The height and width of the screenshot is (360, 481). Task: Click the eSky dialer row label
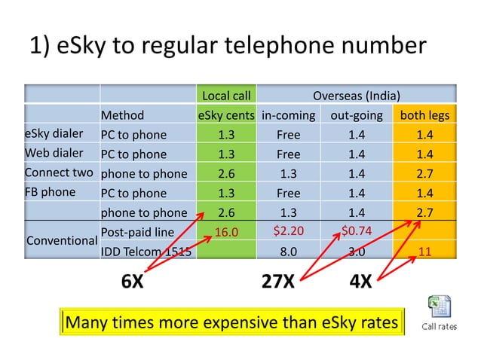(54, 135)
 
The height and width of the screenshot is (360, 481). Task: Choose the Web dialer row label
(55, 154)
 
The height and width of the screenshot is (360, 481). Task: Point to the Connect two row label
(59, 172)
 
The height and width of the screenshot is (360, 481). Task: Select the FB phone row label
(50, 191)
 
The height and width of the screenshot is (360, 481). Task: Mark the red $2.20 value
(288, 230)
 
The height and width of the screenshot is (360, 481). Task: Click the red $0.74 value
(357, 230)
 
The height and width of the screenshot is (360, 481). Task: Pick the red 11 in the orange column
(424, 252)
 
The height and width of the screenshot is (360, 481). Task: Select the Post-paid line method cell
(137, 231)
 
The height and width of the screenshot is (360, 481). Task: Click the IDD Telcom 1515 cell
(146, 252)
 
